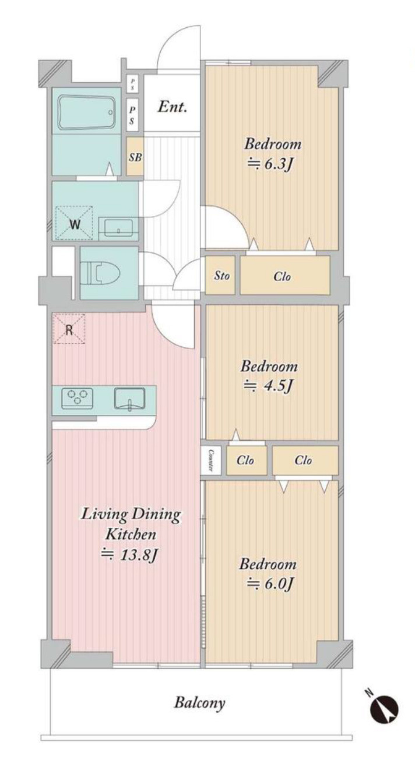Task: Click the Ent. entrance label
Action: (x=172, y=107)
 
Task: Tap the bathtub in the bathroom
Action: (x=86, y=112)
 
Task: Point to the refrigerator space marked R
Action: (x=69, y=329)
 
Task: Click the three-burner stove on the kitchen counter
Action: (x=77, y=398)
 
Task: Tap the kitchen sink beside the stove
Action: (x=129, y=399)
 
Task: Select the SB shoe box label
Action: (x=135, y=157)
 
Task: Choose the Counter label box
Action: (x=210, y=460)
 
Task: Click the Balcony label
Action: (x=199, y=703)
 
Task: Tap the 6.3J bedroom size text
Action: (x=270, y=165)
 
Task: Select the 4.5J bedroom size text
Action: (x=268, y=386)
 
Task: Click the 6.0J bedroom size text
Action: (x=270, y=584)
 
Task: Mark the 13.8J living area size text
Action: (x=129, y=553)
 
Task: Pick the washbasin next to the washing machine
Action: (x=118, y=228)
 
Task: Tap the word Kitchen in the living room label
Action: (x=131, y=534)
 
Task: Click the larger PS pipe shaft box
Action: (x=132, y=115)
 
